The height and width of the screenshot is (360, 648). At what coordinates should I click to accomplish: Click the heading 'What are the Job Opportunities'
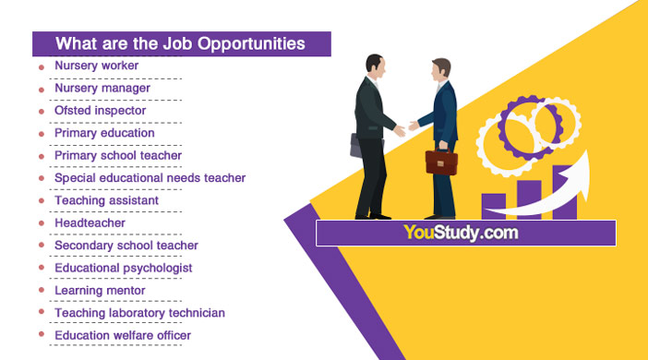tap(180, 43)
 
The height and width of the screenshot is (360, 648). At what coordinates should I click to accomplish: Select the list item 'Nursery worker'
tap(96, 66)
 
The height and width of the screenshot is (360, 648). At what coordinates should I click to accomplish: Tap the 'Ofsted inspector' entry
tap(100, 111)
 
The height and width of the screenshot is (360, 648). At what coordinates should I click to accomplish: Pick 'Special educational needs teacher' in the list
tap(150, 178)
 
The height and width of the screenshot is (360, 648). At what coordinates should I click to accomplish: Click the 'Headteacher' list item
tap(90, 223)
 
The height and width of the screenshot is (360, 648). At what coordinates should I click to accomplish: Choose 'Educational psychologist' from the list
tap(123, 268)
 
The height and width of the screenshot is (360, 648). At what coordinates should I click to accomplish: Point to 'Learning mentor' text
tap(100, 291)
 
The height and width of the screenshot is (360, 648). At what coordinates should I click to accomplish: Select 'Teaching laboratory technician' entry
tap(139, 313)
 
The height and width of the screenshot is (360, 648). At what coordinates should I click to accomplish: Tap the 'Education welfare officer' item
tap(123, 335)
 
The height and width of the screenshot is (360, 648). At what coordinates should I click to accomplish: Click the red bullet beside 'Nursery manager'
tap(41, 90)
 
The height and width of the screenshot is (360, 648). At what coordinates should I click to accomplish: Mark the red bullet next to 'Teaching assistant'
tap(41, 202)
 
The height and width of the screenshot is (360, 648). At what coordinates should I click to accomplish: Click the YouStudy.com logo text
tap(461, 233)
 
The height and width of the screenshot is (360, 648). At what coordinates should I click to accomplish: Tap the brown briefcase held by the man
tap(439, 162)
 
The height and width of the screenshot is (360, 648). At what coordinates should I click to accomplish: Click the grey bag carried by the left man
tap(355, 145)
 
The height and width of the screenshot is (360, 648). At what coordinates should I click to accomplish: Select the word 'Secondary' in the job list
tap(81, 246)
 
